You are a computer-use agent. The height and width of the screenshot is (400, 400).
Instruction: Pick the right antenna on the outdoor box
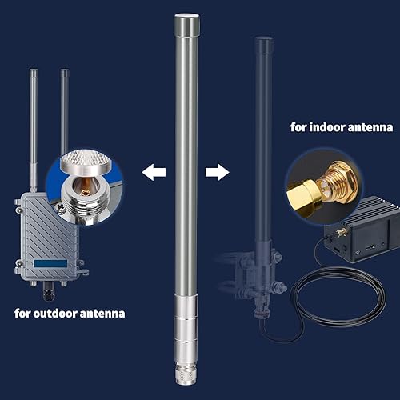(65, 112)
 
